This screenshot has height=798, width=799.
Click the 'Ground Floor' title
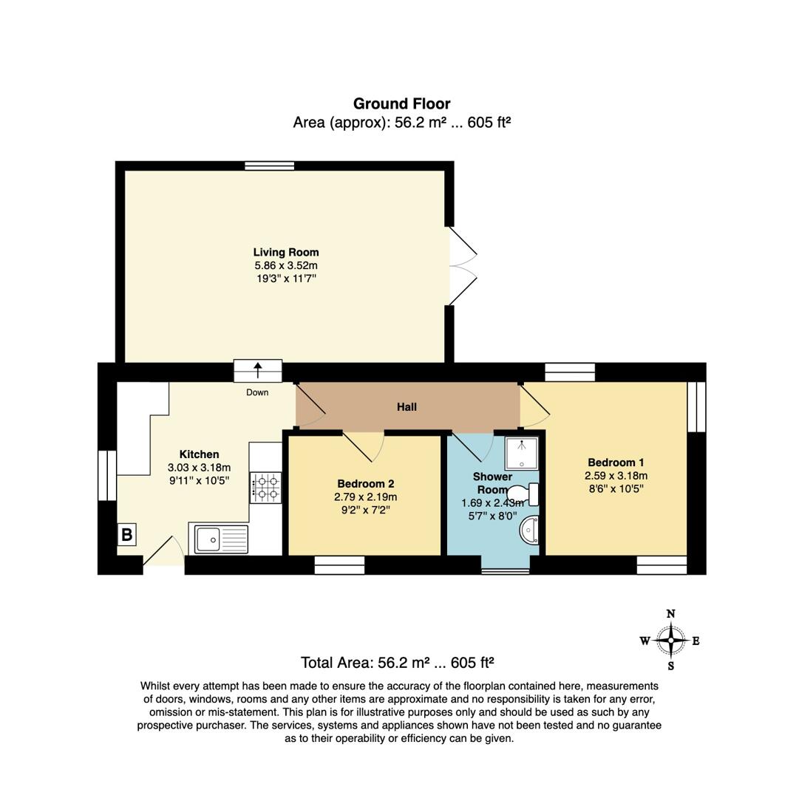pyautogui.click(x=401, y=103)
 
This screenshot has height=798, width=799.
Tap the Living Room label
pyautogui.click(x=286, y=252)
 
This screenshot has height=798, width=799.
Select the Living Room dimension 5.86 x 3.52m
pyautogui.click(x=286, y=265)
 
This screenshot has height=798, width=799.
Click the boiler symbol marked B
pyautogui.click(x=126, y=534)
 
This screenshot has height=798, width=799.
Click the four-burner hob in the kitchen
pyautogui.click(x=266, y=488)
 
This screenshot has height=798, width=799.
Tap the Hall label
pyautogui.click(x=407, y=406)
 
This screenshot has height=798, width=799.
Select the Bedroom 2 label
pyautogui.click(x=365, y=484)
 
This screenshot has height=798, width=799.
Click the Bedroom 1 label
pyautogui.click(x=616, y=463)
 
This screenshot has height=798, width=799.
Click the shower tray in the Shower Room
pyautogui.click(x=522, y=453)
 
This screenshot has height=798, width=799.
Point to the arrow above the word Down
pyautogui.click(x=258, y=369)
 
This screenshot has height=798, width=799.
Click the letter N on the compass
pyautogui.click(x=670, y=613)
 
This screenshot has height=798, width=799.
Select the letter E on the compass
pyautogui.click(x=696, y=641)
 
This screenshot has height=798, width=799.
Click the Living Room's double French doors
pyautogui.click(x=462, y=265)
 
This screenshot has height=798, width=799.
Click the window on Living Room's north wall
pyautogui.click(x=270, y=166)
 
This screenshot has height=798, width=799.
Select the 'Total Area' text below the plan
pyautogui.click(x=397, y=662)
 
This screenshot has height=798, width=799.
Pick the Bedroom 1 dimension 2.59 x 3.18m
pyautogui.click(x=616, y=476)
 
